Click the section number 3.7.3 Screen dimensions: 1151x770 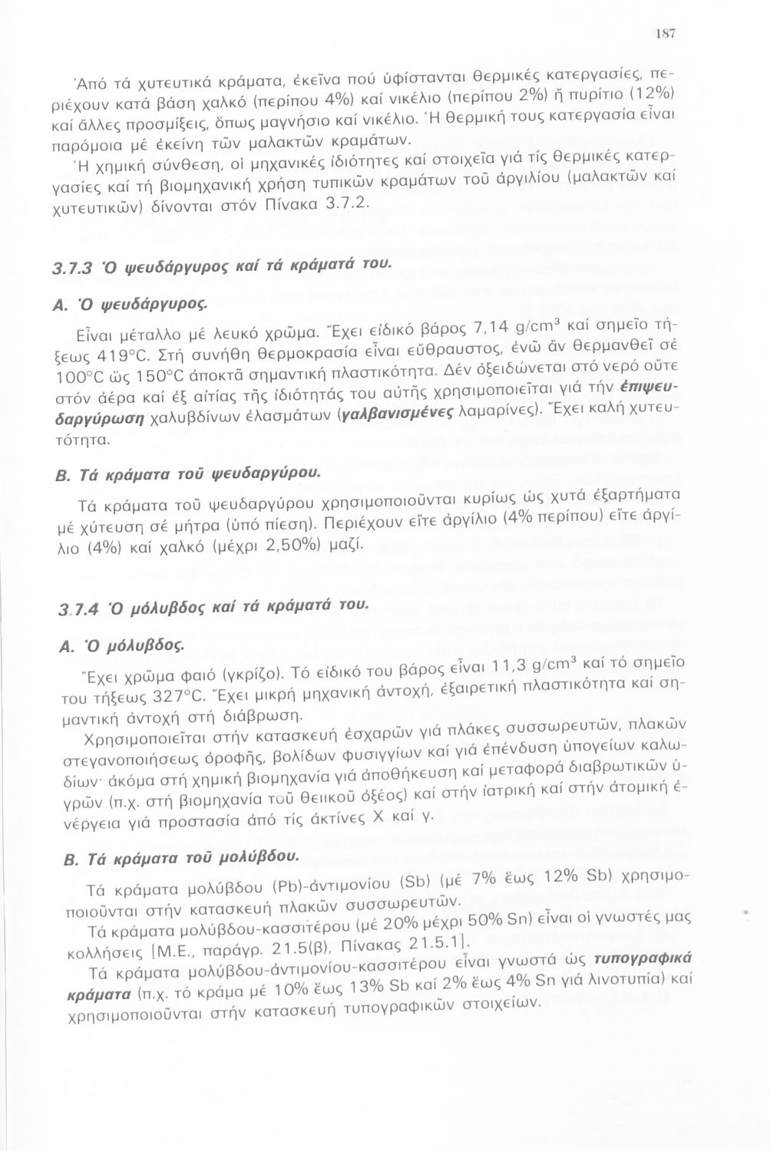pyautogui.click(x=71, y=266)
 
